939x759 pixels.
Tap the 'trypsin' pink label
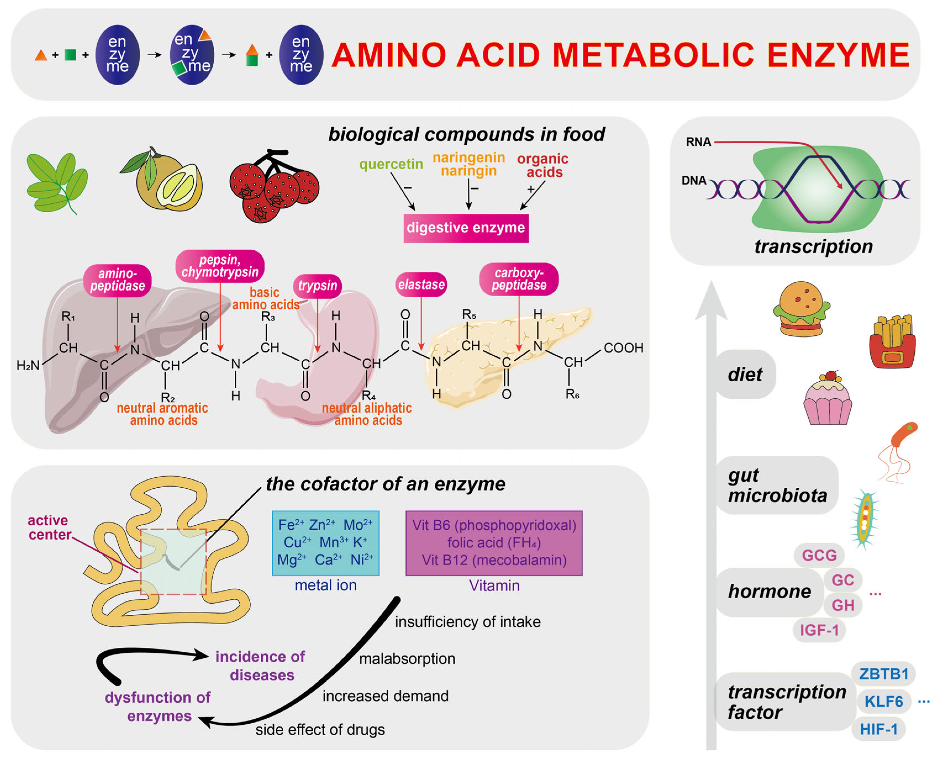[317, 286]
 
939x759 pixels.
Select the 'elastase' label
[421, 285]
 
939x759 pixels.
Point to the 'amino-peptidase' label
[117, 280]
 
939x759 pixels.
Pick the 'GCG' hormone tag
[819, 555]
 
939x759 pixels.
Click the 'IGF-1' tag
[819, 630]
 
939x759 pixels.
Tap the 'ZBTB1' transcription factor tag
[883, 674]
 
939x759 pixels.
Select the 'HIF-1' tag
[878, 729]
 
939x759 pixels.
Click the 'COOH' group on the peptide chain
[623, 348]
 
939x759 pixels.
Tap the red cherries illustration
[274, 187]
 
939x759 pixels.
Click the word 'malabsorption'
[407, 659]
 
